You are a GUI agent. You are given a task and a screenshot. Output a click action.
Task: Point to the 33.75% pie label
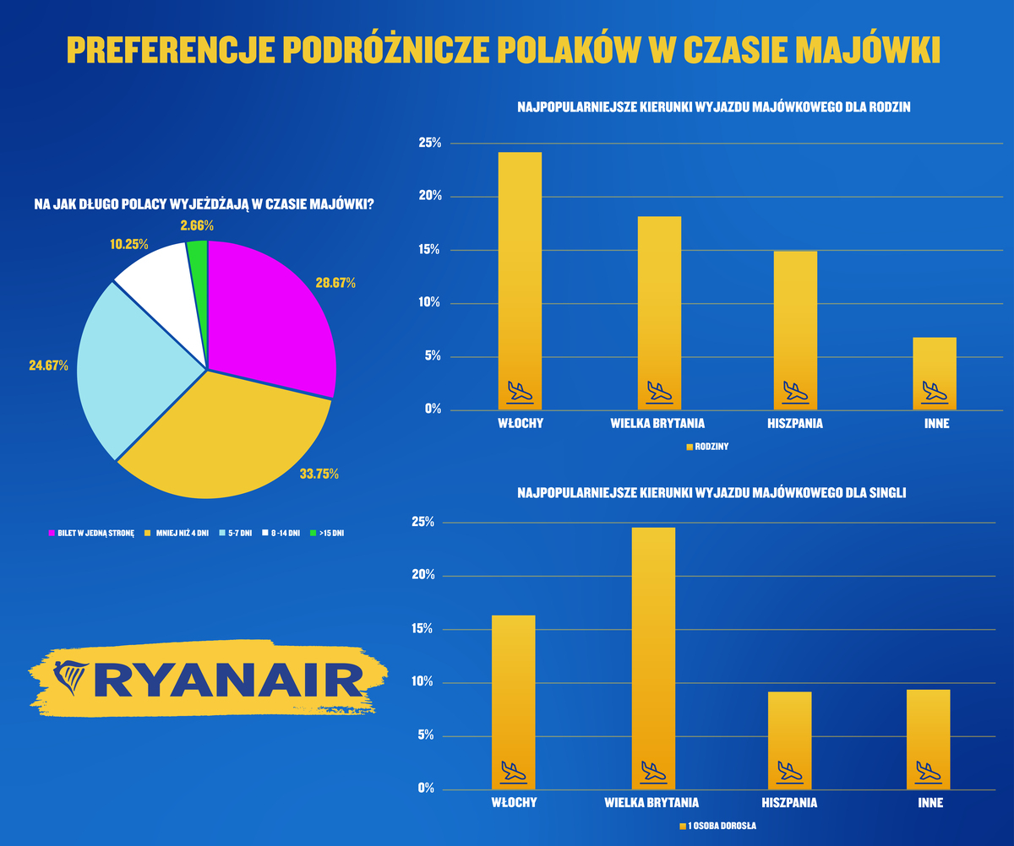coord(319,474)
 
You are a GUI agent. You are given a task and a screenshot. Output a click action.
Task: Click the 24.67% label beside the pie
coord(48,366)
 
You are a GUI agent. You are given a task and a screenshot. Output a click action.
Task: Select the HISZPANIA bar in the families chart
coord(795,329)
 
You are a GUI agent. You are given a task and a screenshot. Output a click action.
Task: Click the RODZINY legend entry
coord(706,447)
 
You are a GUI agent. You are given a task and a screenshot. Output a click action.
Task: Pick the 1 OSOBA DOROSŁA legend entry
coord(717,827)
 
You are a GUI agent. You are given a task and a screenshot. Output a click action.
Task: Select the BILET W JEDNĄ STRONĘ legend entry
coord(91,534)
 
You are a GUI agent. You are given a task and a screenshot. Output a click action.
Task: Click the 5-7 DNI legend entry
coord(237,534)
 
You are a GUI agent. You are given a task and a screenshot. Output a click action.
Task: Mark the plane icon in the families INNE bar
coord(935,391)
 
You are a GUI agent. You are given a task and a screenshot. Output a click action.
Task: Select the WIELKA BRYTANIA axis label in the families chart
coord(657,423)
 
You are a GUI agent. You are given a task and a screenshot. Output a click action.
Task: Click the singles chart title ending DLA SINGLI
coord(711,493)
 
